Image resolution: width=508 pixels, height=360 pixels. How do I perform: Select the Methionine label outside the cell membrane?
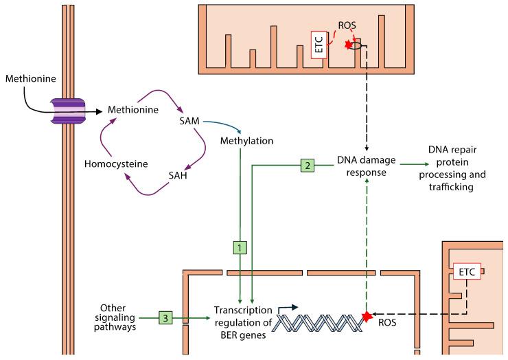(x=28, y=79)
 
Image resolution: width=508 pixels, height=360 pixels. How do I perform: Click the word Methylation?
(x=247, y=141)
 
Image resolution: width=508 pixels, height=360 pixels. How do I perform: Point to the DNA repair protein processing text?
(x=452, y=168)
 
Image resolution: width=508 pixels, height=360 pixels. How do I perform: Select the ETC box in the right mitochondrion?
(x=468, y=273)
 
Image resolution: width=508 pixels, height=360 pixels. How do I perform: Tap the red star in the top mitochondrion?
(x=349, y=45)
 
